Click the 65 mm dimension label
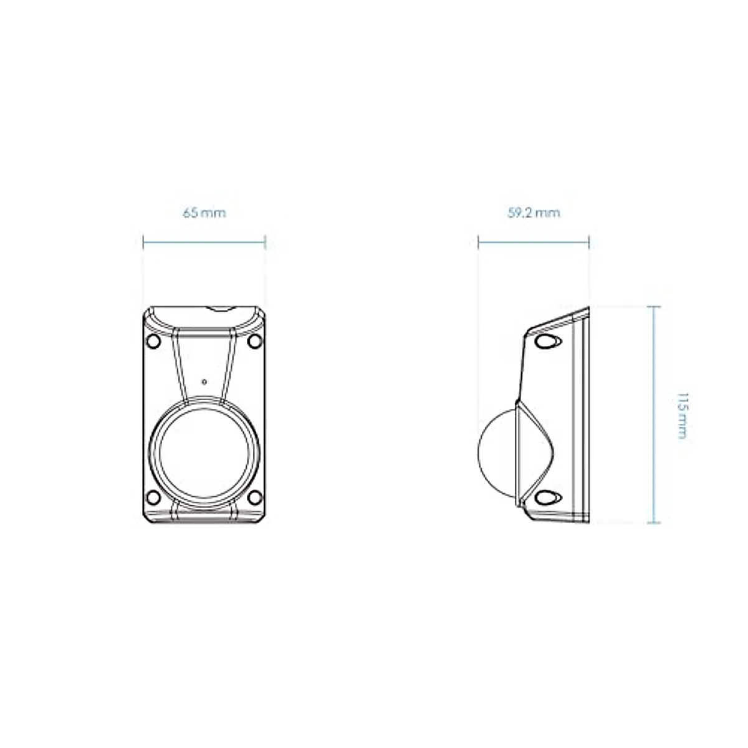pyautogui.click(x=204, y=213)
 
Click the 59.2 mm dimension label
pyautogui.click(x=534, y=213)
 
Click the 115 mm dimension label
pyautogui.click(x=682, y=416)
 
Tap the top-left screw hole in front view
pyautogui.click(x=153, y=342)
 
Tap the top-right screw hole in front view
pyautogui.click(x=255, y=342)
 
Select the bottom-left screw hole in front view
pyautogui.click(x=153, y=497)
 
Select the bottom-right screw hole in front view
pyautogui.click(x=255, y=497)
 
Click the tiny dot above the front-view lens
pyautogui.click(x=204, y=382)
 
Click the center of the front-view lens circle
pyautogui.click(x=204, y=453)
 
